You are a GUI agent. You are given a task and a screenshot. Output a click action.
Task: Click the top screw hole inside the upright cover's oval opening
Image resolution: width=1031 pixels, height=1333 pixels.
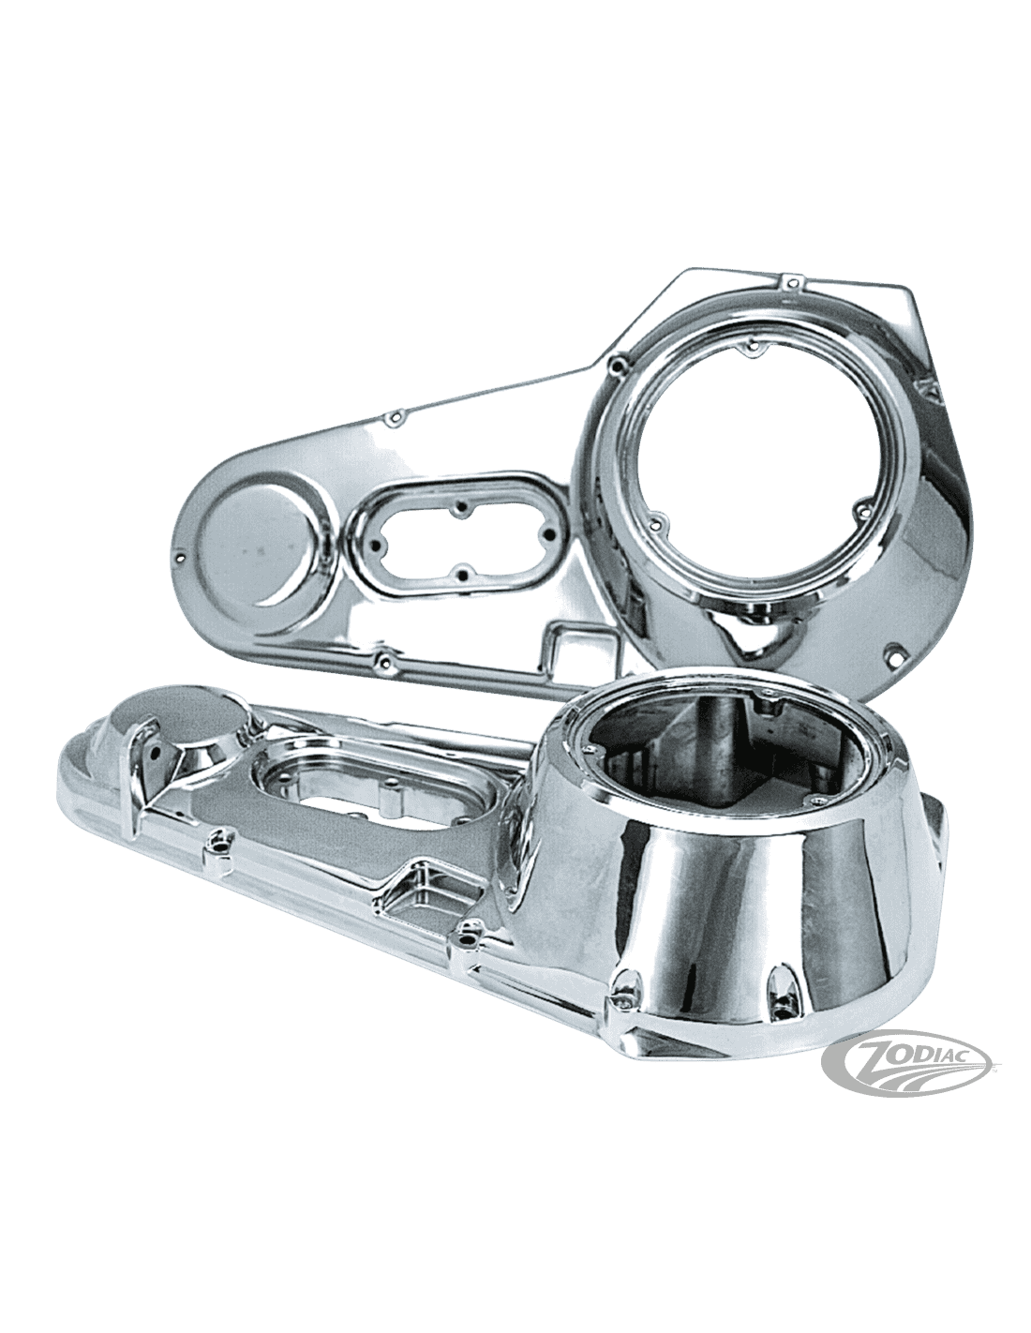[x=459, y=505]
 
